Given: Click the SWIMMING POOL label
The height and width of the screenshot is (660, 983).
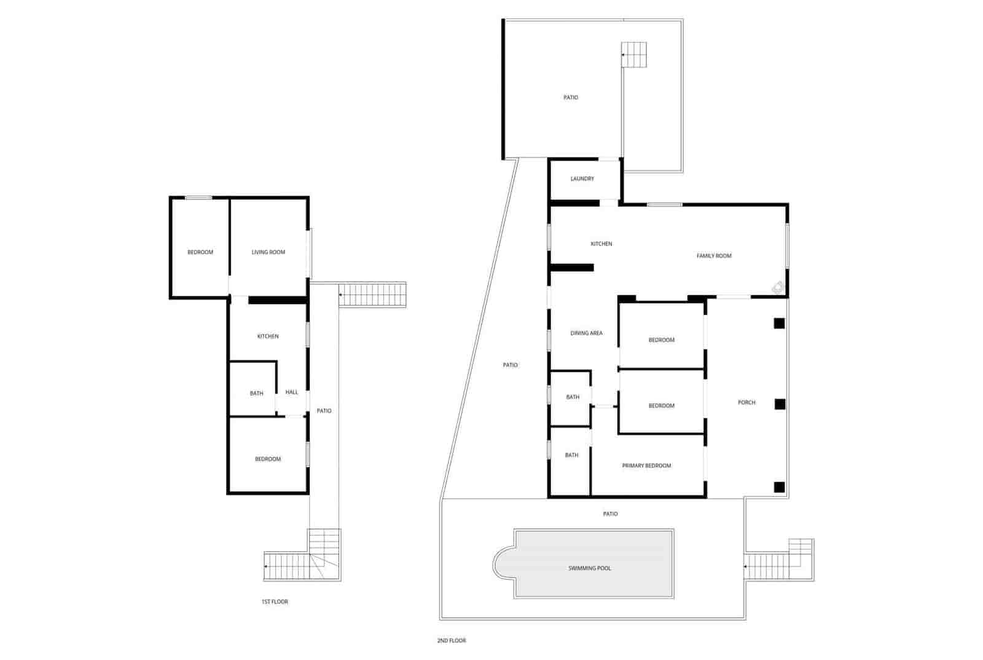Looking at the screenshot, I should pos(589,568).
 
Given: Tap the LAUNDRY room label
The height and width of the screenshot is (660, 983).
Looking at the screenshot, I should pos(582,179).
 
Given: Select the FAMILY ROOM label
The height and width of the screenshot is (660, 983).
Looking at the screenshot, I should pos(714,256).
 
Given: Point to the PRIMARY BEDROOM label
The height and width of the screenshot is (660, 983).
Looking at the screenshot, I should pos(646,466).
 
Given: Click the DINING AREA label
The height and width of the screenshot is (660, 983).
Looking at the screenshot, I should pos(586,333).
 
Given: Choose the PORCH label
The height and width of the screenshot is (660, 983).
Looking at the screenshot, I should pos(746,403).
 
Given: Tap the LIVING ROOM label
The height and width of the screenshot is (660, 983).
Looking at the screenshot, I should pos(268,252).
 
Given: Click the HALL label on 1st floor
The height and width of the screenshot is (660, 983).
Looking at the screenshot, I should pos(292,392).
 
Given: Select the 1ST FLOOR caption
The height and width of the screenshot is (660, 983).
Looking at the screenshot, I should pos(275,602).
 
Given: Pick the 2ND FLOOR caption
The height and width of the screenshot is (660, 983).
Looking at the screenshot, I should pos(452,641).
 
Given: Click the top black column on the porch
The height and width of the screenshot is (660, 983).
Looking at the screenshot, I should pos(779,323).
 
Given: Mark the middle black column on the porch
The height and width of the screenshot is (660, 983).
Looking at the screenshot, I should pos(780,404).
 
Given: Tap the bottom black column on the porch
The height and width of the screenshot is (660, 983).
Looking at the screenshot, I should pos(779,487).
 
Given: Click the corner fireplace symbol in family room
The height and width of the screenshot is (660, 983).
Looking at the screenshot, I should pos(778,287).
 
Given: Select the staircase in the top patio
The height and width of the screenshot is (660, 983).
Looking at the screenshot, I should pos(634,54).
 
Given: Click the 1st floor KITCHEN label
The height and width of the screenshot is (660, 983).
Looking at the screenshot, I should pos(268,336).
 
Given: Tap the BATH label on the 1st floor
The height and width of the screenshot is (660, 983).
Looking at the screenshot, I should pos(256,394).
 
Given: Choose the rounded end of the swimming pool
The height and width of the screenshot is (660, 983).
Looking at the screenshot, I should pos(503,563).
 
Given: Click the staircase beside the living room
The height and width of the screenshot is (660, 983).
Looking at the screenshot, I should pos(372,294).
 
